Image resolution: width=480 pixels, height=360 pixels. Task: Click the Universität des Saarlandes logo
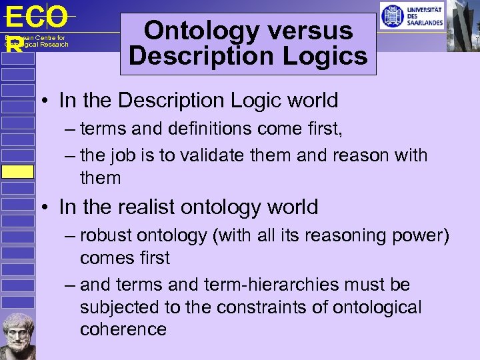(x=411, y=16)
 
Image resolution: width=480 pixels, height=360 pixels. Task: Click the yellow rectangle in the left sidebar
(x=17, y=171)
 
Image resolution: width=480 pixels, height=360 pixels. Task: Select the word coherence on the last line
(x=123, y=329)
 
